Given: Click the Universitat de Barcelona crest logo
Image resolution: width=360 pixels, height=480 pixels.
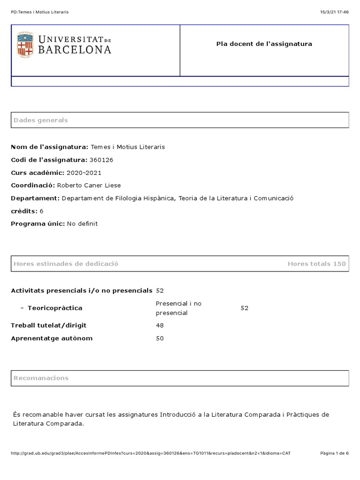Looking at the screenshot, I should [25, 45].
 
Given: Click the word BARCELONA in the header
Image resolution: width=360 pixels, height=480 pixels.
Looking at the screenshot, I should [75, 50].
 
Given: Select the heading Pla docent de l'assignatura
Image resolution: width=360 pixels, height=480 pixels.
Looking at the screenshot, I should [264, 44].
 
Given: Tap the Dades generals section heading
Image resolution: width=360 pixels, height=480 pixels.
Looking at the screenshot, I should [41, 120].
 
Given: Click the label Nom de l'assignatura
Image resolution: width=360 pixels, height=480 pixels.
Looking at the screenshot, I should [49, 147].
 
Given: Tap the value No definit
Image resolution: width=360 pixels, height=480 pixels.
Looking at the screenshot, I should [82, 224].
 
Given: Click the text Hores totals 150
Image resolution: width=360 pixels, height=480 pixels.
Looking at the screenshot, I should [316, 264].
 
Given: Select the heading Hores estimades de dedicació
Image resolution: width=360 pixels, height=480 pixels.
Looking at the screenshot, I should [66, 264].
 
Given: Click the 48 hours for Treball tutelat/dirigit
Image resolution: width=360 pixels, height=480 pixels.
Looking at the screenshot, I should [160, 325].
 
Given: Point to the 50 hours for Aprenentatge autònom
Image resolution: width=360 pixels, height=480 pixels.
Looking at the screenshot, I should [160, 338].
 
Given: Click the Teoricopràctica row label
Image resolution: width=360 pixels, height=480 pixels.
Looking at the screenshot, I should [55, 308].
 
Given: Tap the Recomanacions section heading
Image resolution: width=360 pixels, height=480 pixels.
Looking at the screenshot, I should [41, 378].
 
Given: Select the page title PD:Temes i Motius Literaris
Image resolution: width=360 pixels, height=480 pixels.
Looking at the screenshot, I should [39, 12].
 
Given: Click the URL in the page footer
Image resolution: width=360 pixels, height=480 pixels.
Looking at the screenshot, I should [150, 453].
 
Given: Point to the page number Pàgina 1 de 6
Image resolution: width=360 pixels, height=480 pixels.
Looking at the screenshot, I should [334, 453].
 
